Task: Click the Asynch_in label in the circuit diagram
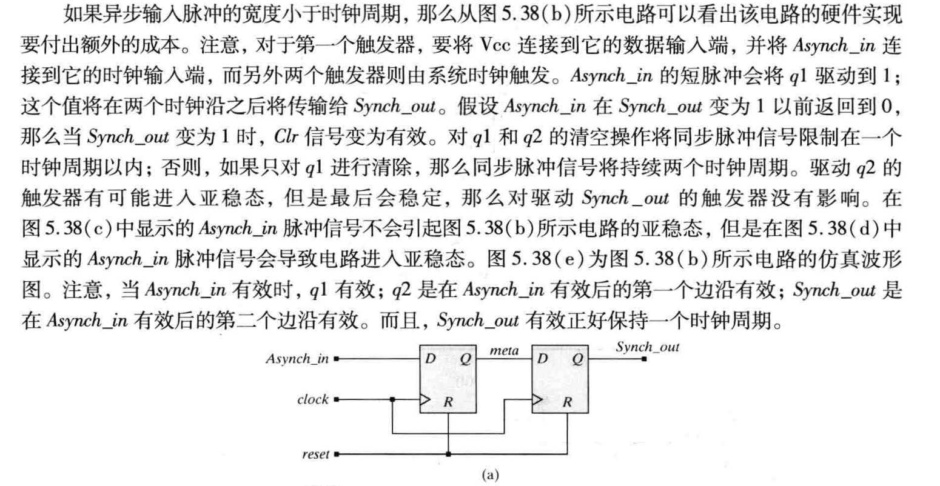click(x=297, y=359)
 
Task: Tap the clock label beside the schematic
click(x=312, y=399)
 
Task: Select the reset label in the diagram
click(x=315, y=454)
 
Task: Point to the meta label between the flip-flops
click(x=504, y=350)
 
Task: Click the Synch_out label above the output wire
click(x=648, y=347)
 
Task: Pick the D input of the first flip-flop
click(x=431, y=359)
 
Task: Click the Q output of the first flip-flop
click(x=465, y=359)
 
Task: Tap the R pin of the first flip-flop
click(x=448, y=401)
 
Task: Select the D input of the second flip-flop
click(x=542, y=359)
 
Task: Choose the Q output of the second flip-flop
click(x=577, y=359)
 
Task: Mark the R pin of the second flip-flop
click(x=567, y=401)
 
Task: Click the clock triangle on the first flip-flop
click(x=425, y=399)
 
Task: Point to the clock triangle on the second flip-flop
click(x=537, y=399)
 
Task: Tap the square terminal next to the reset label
click(x=336, y=454)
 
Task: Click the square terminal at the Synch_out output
click(x=644, y=359)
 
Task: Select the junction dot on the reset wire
click(x=448, y=454)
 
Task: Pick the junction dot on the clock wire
click(x=393, y=399)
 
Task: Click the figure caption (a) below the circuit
click(x=489, y=475)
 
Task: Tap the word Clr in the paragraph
click(x=285, y=136)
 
